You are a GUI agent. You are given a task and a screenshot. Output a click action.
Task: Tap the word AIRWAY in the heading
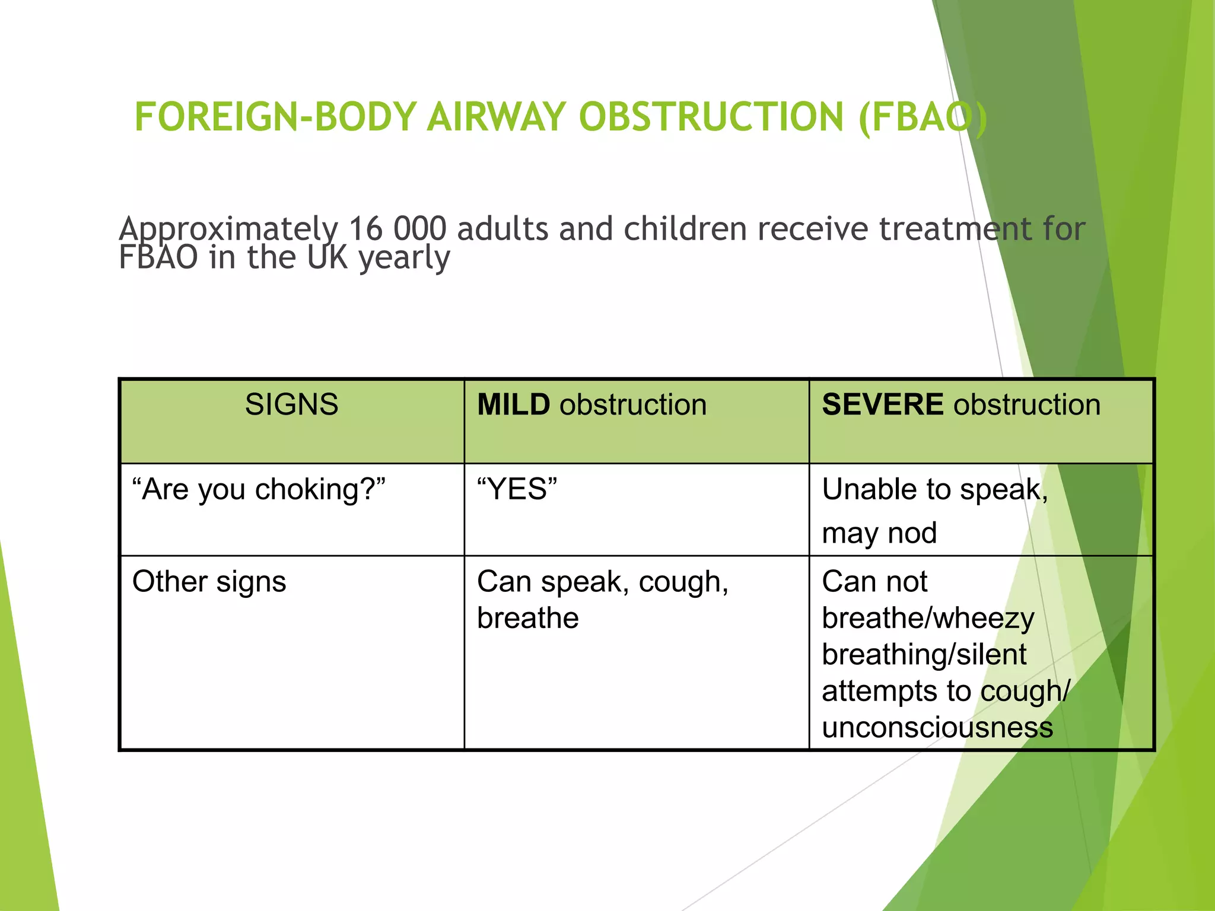pos(497,117)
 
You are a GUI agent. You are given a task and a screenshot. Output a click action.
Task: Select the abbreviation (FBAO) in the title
pos(923,117)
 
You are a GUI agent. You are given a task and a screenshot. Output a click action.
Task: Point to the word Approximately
pos(228,230)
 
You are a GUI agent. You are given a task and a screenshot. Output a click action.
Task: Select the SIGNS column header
pos(291,405)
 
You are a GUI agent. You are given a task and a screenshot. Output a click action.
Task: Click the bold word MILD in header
pos(513,405)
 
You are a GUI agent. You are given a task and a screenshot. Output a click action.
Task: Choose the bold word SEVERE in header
pos(882,405)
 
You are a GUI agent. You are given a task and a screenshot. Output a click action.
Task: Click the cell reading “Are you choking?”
pos(259,490)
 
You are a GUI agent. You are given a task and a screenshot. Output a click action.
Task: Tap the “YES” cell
pos(517,490)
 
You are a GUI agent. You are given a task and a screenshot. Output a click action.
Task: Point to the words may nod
pos(879,533)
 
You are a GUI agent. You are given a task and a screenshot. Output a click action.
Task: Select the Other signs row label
pos(209,582)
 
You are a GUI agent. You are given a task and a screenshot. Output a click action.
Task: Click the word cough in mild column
pos(682,582)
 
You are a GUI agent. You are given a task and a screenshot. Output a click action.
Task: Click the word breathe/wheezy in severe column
pos(928,619)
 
